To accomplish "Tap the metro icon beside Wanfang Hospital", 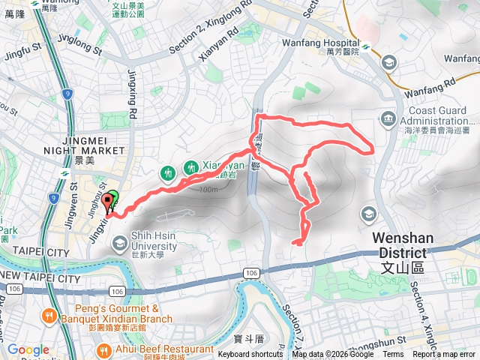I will pos(365,46).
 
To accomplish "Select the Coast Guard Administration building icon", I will pos(388,117).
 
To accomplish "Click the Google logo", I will pos(28,349).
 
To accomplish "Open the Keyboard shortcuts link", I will pos(250,354).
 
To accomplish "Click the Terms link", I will pos(393,354).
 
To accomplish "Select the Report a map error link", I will pos(445,354).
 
